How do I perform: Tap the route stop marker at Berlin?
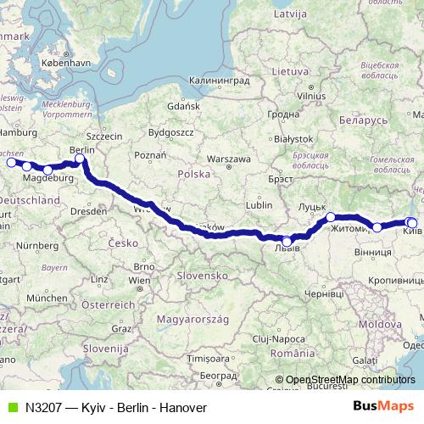pos(80,158)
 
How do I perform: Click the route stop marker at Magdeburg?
pos(47,170)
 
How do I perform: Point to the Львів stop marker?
pos(287,241)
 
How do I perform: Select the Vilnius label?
pos(311,97)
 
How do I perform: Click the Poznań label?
pos(150,155)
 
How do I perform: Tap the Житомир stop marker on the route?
pos(331,218)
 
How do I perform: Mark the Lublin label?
pos(258,204)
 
